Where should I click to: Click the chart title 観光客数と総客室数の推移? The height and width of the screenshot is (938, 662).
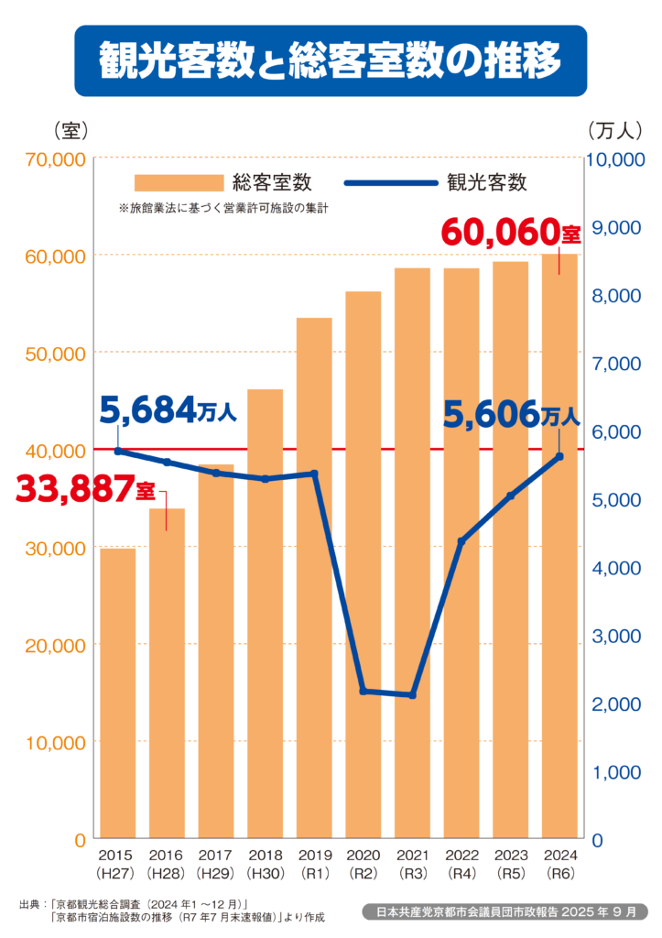click(x=330, y=60)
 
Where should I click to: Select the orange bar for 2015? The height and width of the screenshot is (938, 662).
click(x=118, y=693)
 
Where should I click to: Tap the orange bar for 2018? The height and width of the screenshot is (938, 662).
click(x=266, y=614)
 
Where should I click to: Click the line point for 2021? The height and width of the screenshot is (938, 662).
click(x=412, y=695)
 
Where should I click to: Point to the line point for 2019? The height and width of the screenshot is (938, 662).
click(x=314, y=474)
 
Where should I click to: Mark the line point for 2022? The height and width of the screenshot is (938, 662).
click(x=461, y=542)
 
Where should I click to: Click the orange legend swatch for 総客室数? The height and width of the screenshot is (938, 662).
click(x=179, y=181)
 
